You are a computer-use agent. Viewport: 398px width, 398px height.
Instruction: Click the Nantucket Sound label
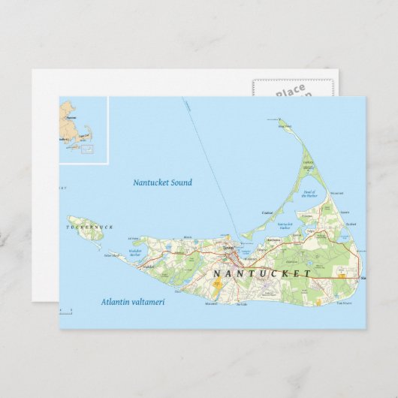[x=162, y=182]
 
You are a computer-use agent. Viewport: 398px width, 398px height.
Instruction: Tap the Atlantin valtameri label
[x=132, y=302]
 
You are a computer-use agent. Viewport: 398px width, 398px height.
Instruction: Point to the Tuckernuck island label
[x=83, y=226]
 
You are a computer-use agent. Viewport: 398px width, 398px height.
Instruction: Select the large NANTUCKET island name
[x=261, y=273]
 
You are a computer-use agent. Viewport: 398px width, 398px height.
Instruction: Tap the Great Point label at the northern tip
[x=284, y=126]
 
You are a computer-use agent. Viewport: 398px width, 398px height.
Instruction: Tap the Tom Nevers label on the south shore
[x=343, y=303]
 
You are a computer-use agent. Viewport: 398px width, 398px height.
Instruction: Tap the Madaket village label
[x=148, y=265]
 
